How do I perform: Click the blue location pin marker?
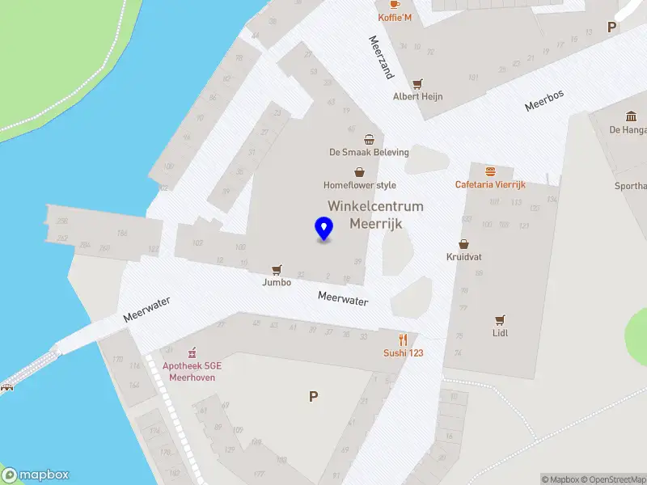[323, 229]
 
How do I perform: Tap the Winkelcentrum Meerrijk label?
[375, 214]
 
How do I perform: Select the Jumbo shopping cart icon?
[277, 269]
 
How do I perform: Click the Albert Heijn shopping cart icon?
[417, 83]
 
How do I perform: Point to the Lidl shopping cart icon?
[500, 319]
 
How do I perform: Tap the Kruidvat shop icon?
[464, 243]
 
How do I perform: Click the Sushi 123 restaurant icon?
[403, 339]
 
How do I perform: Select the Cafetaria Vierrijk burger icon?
[490, 171]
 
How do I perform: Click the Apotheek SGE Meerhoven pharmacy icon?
[192, 353]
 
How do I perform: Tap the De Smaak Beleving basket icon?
[369, 139]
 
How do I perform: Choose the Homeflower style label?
[360, 185]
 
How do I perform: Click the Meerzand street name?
[380, 57]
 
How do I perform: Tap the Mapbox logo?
[36, 475]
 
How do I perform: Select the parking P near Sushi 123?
[313, 396]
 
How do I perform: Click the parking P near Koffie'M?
[612, 27]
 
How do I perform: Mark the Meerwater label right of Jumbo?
[343, 298]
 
